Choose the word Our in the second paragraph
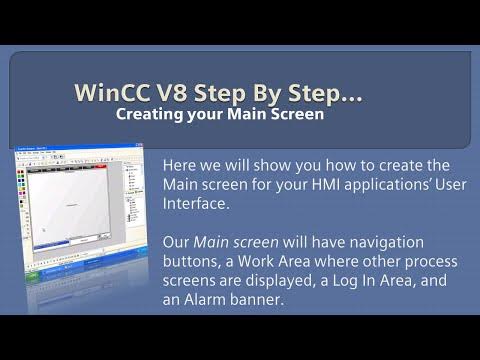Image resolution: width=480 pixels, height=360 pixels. pyautogui.click(x=175, y=243)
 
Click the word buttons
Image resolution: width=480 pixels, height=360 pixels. pyautogui.click(x=192, y=262)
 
